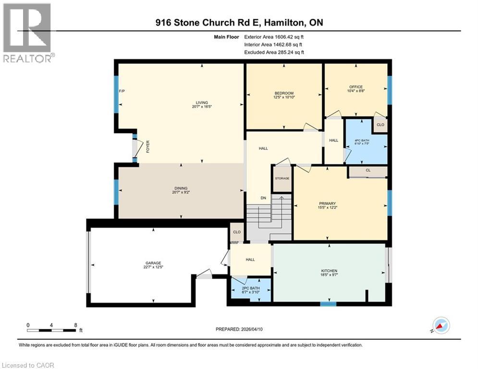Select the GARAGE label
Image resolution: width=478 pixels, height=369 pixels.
click(153, 263)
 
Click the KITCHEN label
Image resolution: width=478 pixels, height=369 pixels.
click(329, 271)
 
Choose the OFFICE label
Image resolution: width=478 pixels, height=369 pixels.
click(356, 87)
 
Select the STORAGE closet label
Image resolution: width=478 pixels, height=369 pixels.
click(282, 178)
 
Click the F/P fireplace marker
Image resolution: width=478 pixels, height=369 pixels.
click(122, 91)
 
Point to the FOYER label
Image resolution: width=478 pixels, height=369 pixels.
click(148, 145)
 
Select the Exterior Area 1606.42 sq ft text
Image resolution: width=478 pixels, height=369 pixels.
click(274, 37)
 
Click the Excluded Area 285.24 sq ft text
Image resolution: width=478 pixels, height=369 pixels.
click(274, 52)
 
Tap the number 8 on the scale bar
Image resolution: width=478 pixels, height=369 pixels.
click(75, 325)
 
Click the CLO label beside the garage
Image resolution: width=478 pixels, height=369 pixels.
click(236, 232)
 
